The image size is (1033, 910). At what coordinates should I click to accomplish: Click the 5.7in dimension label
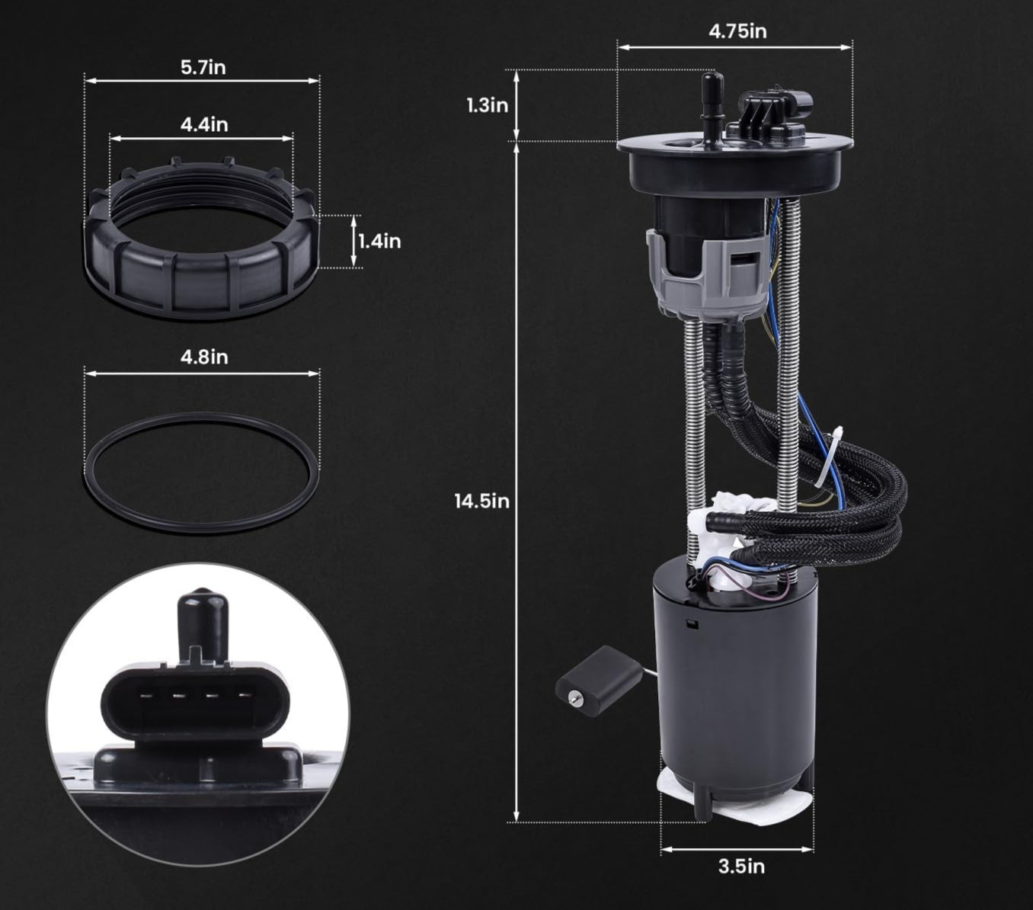pyautogui.click(x=203, y=67)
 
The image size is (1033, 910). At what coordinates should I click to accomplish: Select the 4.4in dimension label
pyautogui.click(x=204, y=124)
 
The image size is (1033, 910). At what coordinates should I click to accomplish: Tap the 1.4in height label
pyautogui.click(x=380, y=242)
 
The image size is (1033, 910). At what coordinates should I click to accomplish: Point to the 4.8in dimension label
pyautogui.click(x=204, y=357)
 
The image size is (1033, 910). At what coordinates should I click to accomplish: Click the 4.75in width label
pyautogui.click(x=737, y=31)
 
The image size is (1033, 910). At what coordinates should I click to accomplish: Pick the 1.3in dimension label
pyautogui.click(x=488, y=106)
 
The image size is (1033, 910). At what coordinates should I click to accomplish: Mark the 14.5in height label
pyautogui.click(x=482, y=501)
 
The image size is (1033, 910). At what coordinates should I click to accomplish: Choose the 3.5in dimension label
pyautogui.click(x=741, y=867)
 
